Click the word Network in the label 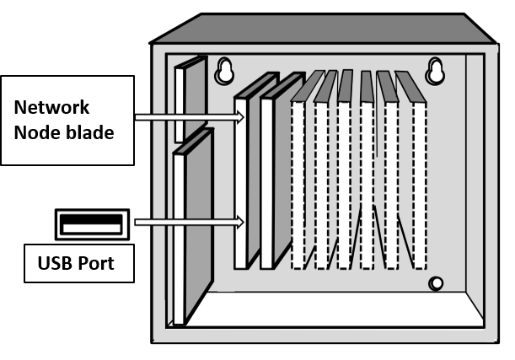(x=52, y=108)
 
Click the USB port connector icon (x=90, y=224)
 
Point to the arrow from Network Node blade (x=185, y=117)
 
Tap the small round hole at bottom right (x=436, y=283)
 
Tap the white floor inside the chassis (x=337, y=309)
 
